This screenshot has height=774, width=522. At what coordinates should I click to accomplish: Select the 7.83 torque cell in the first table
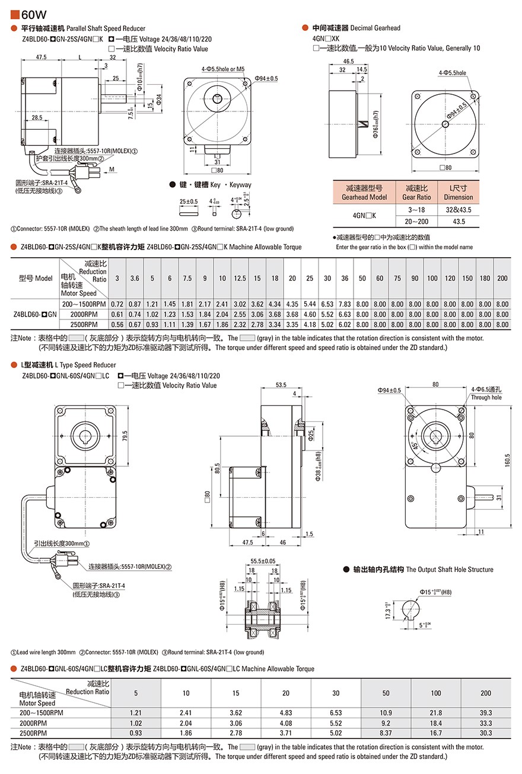click(x=344, y=304)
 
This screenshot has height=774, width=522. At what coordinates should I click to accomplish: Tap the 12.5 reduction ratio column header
click(x=240, y=278)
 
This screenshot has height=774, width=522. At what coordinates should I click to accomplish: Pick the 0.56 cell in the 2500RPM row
click(x=117, y=324)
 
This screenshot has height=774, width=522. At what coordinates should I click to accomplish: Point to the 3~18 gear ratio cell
click(x=417, y=210)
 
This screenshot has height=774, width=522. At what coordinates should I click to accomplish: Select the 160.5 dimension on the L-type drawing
click(x=507, y=460)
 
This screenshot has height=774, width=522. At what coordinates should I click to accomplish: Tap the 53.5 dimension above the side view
click(x=281, y=385)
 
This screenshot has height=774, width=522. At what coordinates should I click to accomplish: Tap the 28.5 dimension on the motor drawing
click(x=37, y=118)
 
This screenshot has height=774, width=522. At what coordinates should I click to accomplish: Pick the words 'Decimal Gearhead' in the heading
click(x=375, y=28)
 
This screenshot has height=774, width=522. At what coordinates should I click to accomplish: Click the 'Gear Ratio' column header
click(x=417, y=197)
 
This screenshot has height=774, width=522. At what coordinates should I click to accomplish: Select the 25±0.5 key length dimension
click(x=189, y=202)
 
